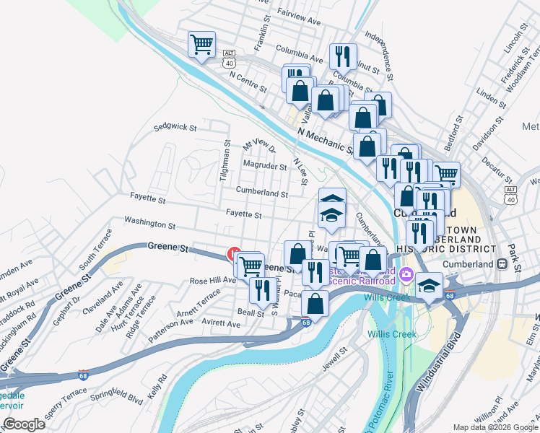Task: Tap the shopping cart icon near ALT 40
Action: tap(201, 43)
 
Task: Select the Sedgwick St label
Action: tap(175, 128)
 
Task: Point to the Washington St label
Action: tap(149, 225)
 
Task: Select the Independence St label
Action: tap(380, 55)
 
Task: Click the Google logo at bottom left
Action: tap(24, 424)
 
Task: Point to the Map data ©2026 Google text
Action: tap(495, 428)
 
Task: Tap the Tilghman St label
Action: tap(227, 162)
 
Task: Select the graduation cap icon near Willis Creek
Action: tap(429, 287)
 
